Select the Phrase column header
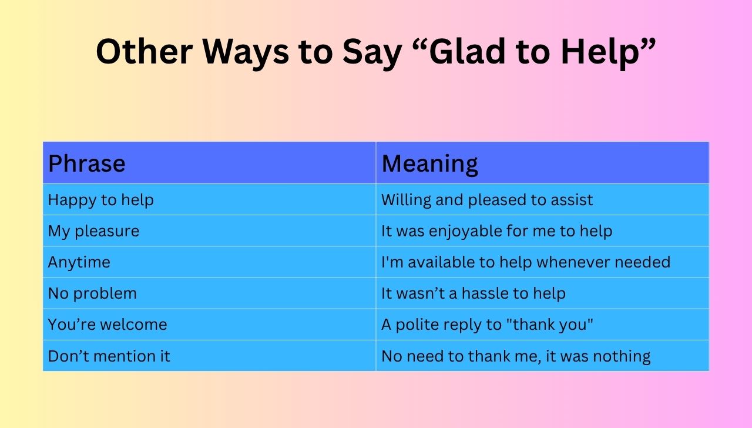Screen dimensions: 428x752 click(x=86, y=163)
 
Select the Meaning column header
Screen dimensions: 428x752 click(x=429, y=163)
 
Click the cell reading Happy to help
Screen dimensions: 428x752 click(x=100, y=200)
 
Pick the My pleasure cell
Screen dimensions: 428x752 click(x=93, y=231)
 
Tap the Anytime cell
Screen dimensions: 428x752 click(x=79, y=262)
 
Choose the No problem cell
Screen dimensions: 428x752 click(x=92, y=293)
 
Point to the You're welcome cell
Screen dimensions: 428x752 click(x=107, y=325)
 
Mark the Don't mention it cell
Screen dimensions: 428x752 click(x=109, y=356)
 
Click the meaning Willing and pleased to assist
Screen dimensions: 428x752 click(x=486, y=200)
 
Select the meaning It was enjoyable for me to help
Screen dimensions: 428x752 click(x=496, y=231)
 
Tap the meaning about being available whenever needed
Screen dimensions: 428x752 click(x=525, y=262)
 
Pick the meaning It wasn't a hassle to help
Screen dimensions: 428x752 click(x=473, y=293)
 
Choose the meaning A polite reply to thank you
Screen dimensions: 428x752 click(x=487, y=325)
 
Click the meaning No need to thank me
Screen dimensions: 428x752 click(x=515, y=356)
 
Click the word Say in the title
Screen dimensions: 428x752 click(x=366, y=52)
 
